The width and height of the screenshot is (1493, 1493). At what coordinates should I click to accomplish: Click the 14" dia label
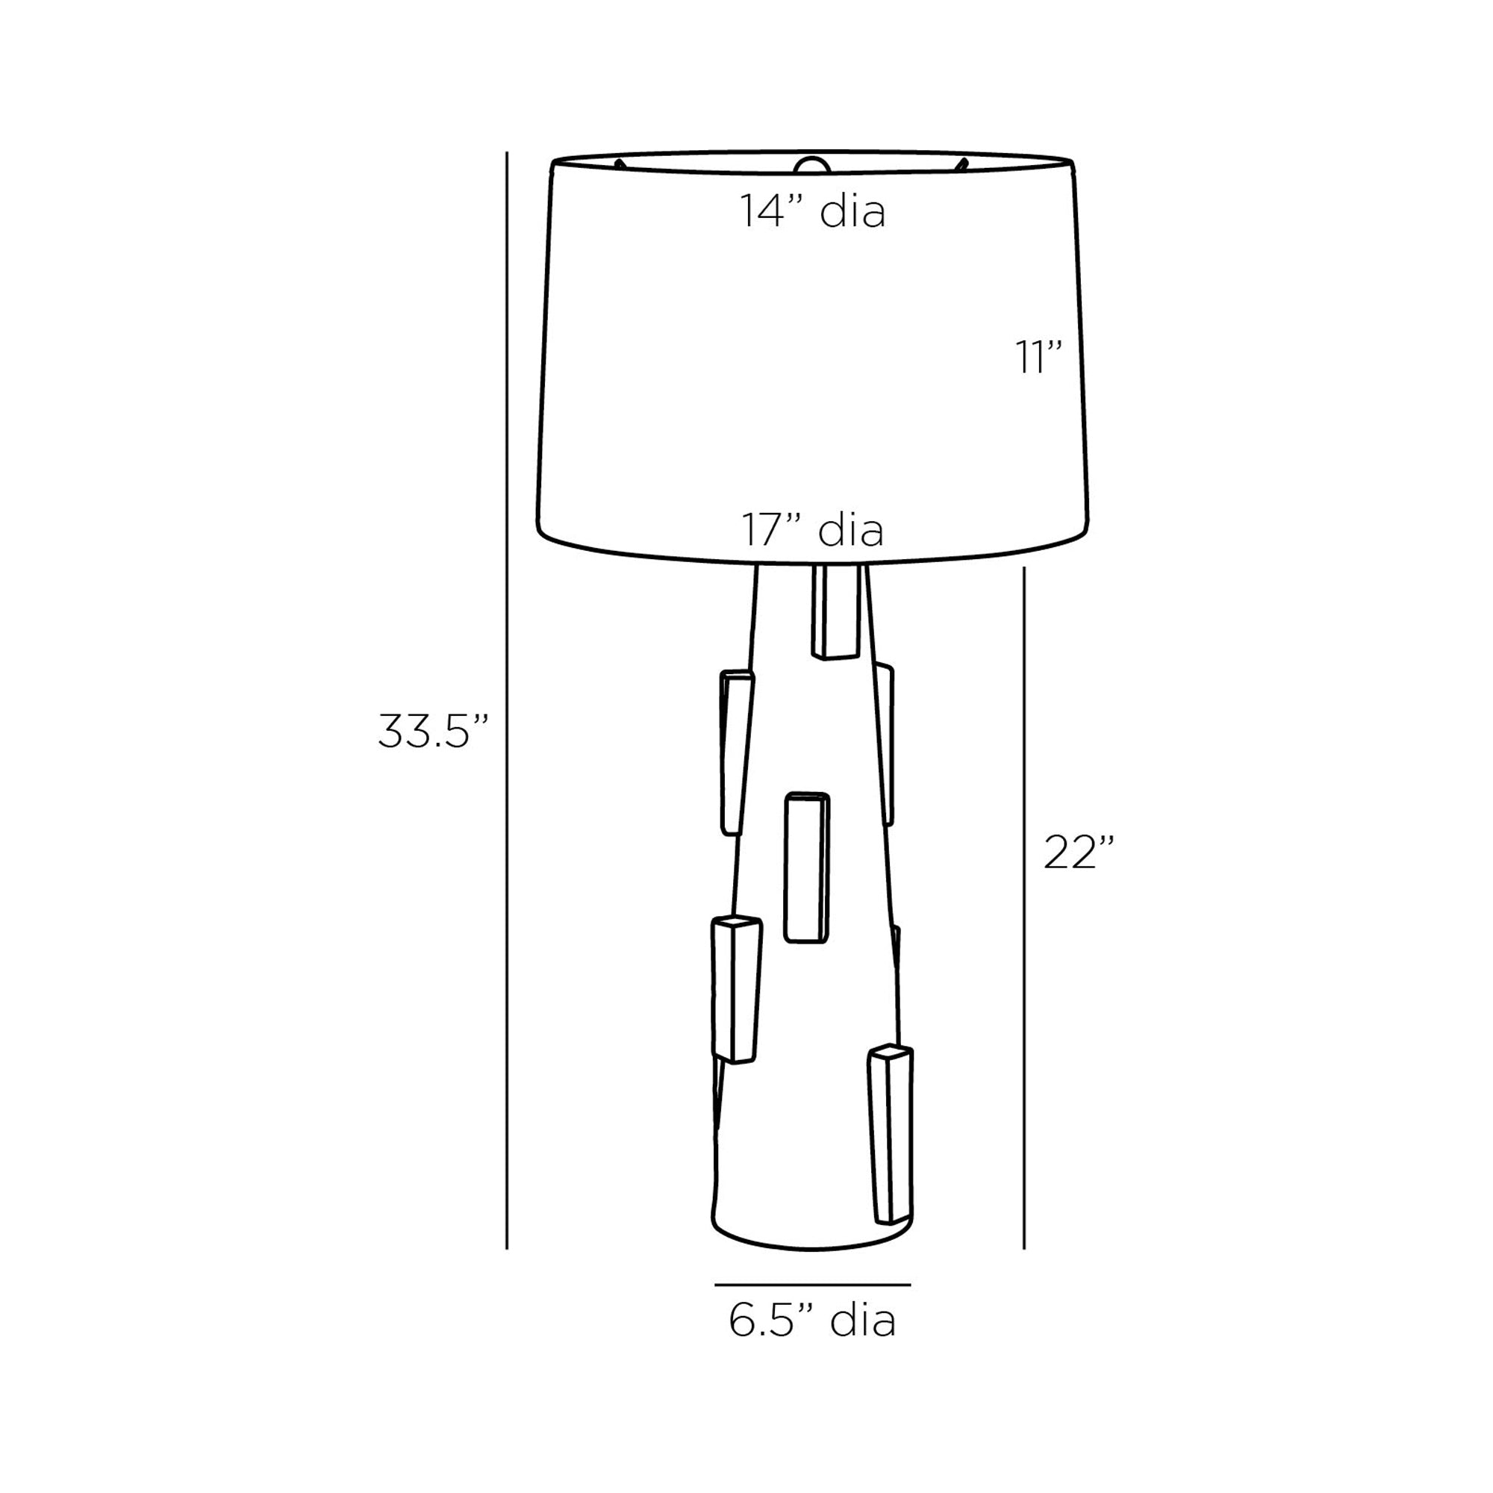click(x=812, y=211)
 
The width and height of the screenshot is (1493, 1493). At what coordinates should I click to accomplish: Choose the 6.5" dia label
click(x=812, y=1321)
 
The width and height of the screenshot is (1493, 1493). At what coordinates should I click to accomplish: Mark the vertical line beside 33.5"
click(x=507, y=711)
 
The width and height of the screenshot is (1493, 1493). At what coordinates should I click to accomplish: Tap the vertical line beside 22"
click(x=1025, y=920)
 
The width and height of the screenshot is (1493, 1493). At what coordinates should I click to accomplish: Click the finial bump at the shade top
click(x=811, y=163)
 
